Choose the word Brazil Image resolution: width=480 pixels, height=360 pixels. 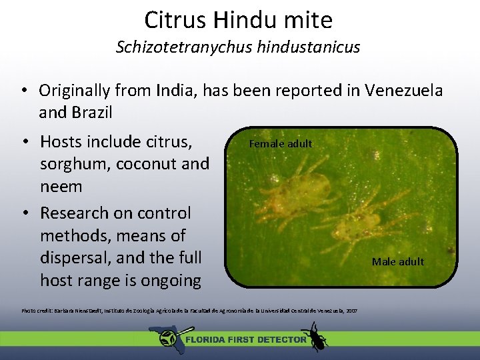coord(94,112)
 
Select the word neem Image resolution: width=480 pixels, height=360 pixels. coord(61,187)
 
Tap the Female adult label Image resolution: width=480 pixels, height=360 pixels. coord(280,143)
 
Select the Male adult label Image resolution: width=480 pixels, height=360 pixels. coord(398,261)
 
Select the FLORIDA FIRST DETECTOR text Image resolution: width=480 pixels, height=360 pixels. coord(245,339)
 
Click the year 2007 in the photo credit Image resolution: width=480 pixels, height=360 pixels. coord(351,311)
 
